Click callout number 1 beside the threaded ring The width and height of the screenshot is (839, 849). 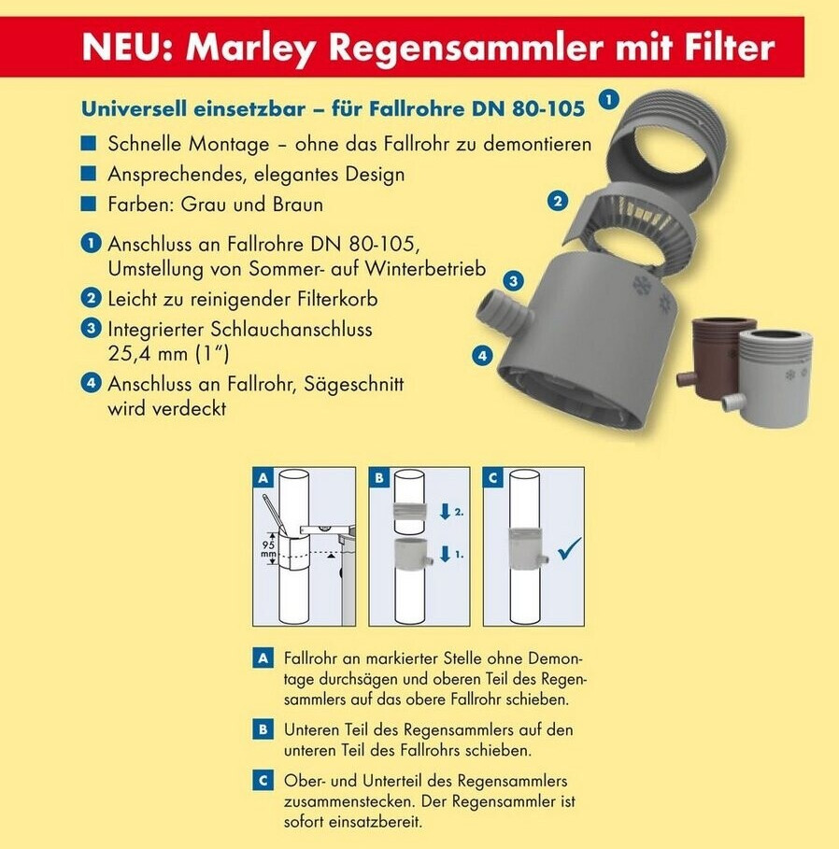(609, 100)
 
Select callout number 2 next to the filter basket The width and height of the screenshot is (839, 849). (558, 201)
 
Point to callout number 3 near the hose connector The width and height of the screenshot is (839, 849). (513, 281)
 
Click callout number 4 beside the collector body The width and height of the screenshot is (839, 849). (482, 356)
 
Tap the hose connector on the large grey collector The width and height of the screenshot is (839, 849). (503, 311)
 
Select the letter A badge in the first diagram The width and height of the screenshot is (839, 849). (263, 477)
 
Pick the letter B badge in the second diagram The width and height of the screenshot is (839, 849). (378, 477)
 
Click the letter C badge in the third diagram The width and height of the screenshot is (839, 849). (493, 477)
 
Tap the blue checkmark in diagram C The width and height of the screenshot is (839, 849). (570, 548)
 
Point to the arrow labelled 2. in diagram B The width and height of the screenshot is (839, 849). (446, 512)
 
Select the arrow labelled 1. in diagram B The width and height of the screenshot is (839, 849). (446, 554)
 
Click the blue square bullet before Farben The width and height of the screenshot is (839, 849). (88, 205)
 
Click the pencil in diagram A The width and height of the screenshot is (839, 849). (276, 512)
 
